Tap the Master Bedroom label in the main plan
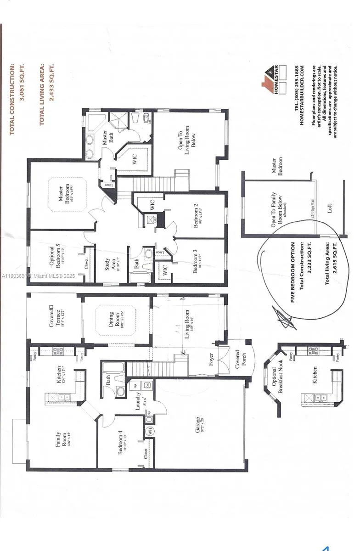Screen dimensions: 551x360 [63, 194]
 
